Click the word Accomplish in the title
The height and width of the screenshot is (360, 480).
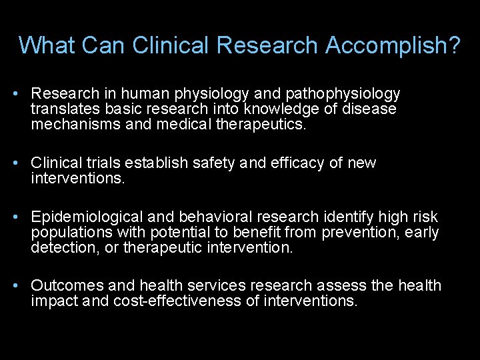[x=393, y=45]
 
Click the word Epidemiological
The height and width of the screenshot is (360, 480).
[x=87, y=217]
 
